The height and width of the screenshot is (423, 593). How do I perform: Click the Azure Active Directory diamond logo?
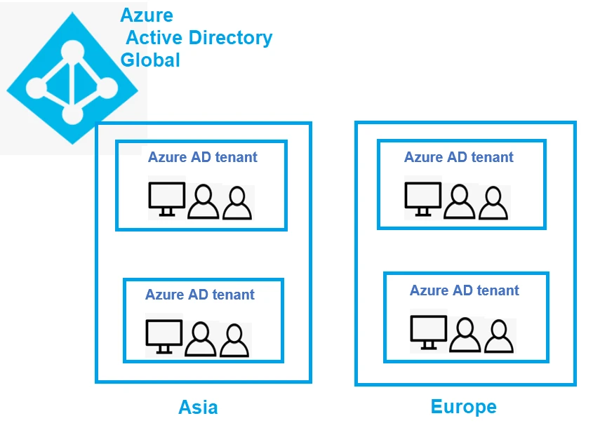tap(73, 79)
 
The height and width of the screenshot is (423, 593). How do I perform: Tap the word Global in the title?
tap(150, 60)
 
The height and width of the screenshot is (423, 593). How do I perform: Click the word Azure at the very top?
tap(147, 15)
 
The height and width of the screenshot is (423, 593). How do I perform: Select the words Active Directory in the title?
tap(199, 37)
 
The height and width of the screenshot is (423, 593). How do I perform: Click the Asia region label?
tap(198, 407)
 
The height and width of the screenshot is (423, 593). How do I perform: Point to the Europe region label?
tap(463, 406)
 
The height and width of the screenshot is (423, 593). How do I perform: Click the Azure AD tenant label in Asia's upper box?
tap(202, 157)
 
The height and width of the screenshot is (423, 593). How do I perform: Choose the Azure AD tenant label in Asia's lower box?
tap(199, 295)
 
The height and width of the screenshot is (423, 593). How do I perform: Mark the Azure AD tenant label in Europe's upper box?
tap(459, 157)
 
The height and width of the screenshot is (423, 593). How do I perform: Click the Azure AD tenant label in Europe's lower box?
tap(465, 290)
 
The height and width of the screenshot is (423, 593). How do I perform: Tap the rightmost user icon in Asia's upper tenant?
tap(237, 203)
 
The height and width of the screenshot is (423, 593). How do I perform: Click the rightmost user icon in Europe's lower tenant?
tap(499, 336)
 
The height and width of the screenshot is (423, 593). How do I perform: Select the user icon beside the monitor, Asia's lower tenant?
tap(201, 340)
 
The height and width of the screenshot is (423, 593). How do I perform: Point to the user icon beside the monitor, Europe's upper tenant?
tap(460, 202)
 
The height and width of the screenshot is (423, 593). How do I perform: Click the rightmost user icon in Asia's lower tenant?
tap(234, 340)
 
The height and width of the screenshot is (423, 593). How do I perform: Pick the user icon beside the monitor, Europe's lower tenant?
tap(465, 335)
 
